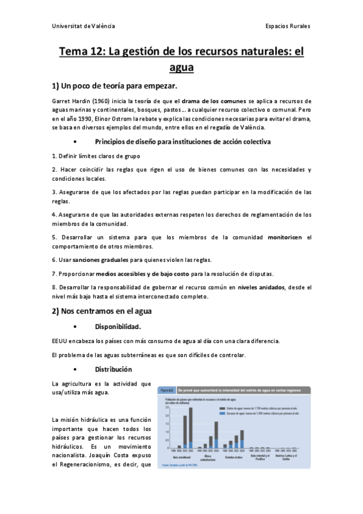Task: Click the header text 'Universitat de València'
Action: [x=83, y=27]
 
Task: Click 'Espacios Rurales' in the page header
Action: [x=288, y=27]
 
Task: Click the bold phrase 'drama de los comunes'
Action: [x=214, y=101]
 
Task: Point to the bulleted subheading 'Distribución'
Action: [x=113, y=369]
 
